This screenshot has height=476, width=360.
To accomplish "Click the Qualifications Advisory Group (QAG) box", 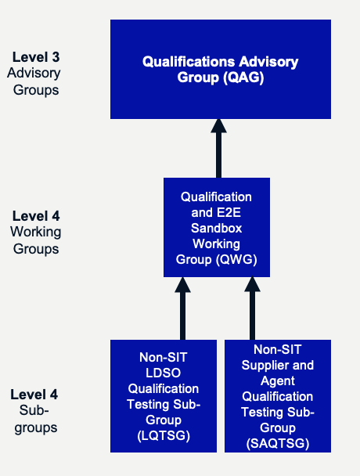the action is pos(221,69).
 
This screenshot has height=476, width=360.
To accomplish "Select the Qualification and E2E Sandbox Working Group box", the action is pos(217,227).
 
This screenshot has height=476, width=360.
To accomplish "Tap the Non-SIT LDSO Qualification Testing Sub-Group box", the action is pos(164,396).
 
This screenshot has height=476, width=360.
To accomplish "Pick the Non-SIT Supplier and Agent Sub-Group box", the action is pos(278,396).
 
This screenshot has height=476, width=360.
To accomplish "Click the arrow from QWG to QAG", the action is pos(218,149).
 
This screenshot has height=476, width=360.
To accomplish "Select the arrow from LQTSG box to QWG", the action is pos(182,308).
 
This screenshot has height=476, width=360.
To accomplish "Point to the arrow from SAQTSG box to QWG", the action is pos(252,308).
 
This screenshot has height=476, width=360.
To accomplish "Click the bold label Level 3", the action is pos(36,57).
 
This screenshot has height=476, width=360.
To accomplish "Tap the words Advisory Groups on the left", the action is pos(34,81).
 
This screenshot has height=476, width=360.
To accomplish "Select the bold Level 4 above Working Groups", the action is pos(36,216).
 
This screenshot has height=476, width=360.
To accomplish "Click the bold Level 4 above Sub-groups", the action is pos(34,395).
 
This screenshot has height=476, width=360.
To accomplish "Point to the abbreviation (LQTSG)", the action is pos(164,435).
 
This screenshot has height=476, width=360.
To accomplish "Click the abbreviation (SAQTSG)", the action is pos(278,444).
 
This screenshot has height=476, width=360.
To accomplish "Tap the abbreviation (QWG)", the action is pos(236,260).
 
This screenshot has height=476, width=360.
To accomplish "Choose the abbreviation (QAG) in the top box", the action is pos(243,77).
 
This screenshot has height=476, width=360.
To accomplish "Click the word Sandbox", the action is pos(217,228).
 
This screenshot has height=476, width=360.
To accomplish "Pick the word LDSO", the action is pos(164,373).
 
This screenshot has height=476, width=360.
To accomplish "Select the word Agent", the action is pos(278,381).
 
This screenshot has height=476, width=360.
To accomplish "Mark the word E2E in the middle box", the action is pos(229,212).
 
